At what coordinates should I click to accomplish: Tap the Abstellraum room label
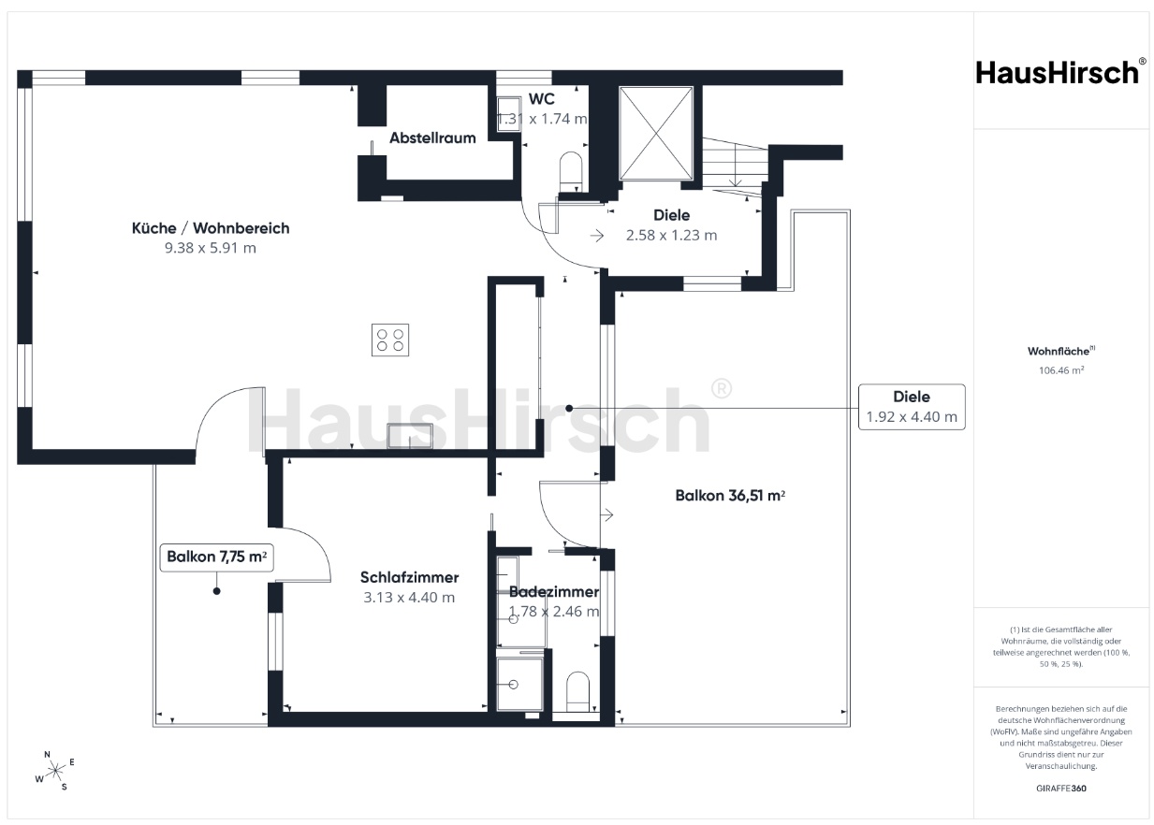point(432,138)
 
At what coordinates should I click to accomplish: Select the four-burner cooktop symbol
point(390,340)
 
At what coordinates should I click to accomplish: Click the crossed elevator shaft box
point(656,134)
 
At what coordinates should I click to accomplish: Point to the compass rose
point(54,771)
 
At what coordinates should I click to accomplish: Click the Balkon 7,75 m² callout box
point(216,557)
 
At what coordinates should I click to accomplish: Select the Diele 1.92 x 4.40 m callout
point(912,407)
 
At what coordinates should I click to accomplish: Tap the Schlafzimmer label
point(410,577)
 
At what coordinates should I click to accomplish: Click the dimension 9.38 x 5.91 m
point(211,248)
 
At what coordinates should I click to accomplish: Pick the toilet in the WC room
point(571,171)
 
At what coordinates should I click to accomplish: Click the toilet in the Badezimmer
point(577,691)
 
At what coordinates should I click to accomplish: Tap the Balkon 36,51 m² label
point(730,496)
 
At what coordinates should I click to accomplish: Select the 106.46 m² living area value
point(1061,370)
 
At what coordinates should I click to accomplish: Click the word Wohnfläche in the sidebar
point(1059,351)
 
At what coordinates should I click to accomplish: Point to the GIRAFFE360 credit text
point(1061,788)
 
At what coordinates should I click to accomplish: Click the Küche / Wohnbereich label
point(211,228)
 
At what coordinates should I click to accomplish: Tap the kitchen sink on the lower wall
point(410,436)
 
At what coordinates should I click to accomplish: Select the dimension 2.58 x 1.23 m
point(671,236)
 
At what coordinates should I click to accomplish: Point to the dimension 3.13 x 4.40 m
point(409,598)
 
